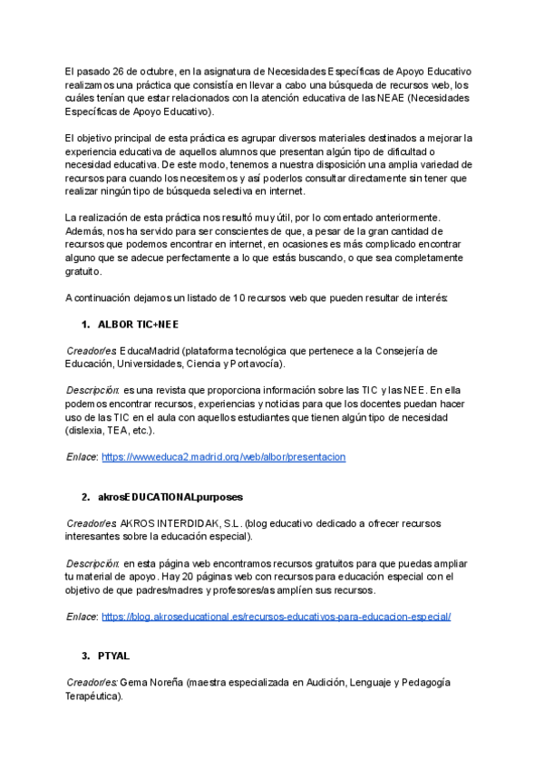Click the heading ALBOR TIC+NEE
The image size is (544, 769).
[x=139, y=324]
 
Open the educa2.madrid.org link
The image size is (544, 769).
[x=223, y=457]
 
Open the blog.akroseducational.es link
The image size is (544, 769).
[x=276, y=617]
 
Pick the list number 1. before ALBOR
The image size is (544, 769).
[x=85, y=324]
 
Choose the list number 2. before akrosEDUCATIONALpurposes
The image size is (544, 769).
[x=85, y=498]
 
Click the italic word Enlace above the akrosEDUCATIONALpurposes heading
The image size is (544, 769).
[x=82, y=457]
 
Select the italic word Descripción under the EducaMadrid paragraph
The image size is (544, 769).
[x=92, y=390]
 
